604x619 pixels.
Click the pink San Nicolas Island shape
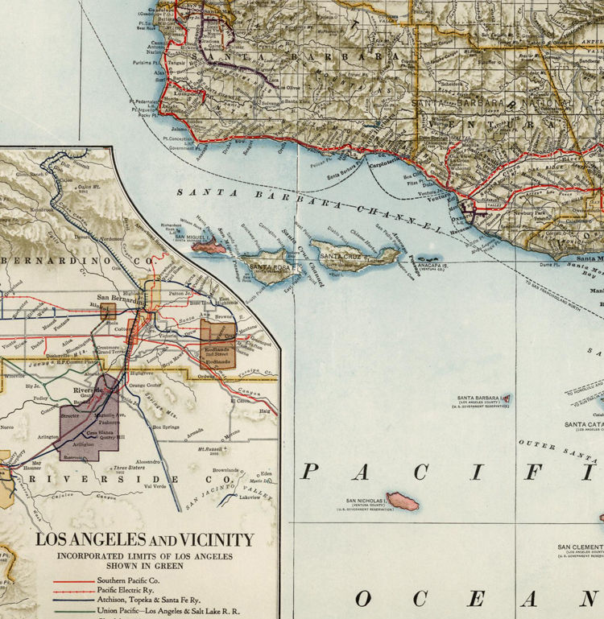[x=403, y=501]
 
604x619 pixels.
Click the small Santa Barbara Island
[x=505, y=398]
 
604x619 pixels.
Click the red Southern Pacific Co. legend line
[x=73, y=580]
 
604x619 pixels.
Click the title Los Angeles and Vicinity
[x=144, y=540]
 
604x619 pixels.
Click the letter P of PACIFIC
[x=308, y=472]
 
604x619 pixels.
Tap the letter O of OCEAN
[x=364, y=598]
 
